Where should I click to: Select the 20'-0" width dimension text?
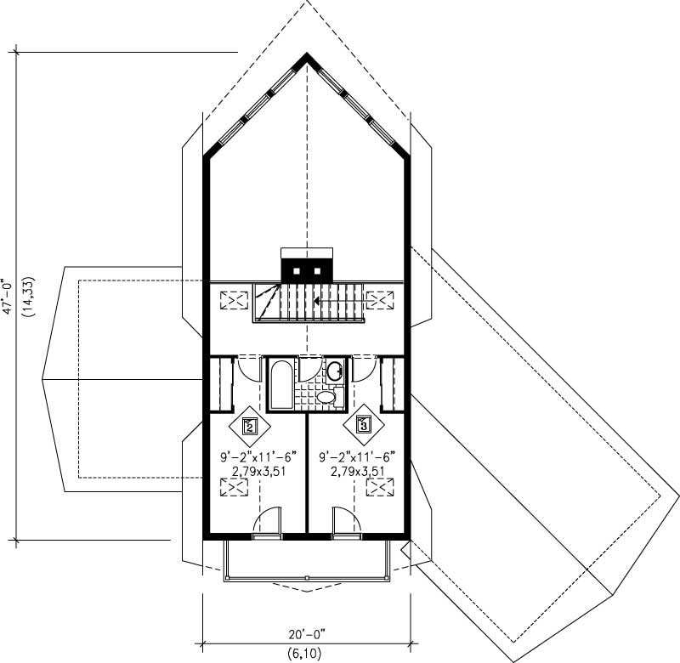click(306, 633)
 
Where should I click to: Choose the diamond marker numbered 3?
click(363, 424)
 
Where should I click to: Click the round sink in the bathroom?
click(334, 371)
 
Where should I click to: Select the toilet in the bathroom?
click(326, 396)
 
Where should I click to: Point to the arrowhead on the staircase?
click(316, 300)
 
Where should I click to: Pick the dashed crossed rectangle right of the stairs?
click(380, 300)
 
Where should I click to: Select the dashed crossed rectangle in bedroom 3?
click(380, 486)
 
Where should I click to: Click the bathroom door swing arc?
click(309, 371)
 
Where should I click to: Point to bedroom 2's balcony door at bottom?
click(268, 520)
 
